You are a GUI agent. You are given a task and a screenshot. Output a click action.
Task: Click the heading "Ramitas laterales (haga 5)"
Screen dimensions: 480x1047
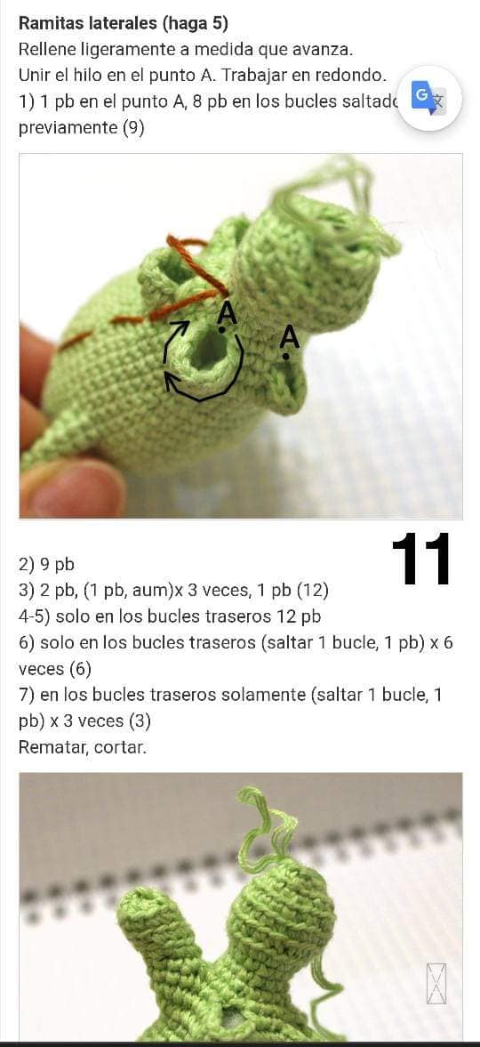[x=124, y=23]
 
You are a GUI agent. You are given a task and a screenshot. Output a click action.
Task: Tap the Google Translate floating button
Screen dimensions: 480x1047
[x=429, y=99]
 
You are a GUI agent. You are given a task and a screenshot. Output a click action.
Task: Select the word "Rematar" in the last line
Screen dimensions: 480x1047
[x=52, y=747]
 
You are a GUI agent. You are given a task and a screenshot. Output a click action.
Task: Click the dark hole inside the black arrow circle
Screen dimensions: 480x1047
[x=209, y=348]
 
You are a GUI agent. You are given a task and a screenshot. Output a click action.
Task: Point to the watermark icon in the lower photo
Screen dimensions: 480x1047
[x=436, y=984]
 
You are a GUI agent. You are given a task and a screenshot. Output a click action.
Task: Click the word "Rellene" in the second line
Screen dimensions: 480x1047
[x=47, y=50]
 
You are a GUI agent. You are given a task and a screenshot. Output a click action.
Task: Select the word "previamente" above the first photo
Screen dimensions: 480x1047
[x=68, y=128]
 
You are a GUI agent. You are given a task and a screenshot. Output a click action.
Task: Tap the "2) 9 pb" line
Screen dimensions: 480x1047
[x=47, y=566]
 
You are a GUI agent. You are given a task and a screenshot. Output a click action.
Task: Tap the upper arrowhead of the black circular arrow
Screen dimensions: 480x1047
[x=179, y=327]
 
